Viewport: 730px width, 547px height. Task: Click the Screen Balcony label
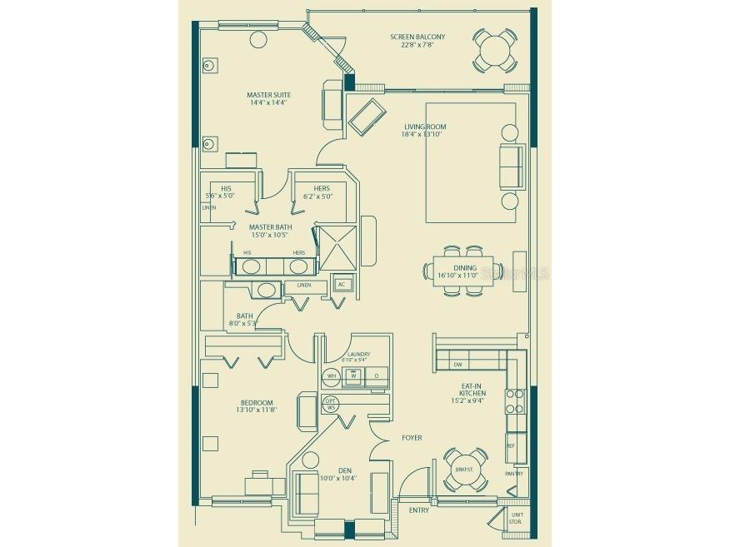pyautogui.click(x=417, y=37)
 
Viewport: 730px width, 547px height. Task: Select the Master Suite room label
pyautogui.click(x=267, y=95)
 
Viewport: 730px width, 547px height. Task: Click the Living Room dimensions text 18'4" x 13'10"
pyautogui.click(x=424, y=136)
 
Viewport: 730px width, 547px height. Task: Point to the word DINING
pyautogui.click(x=457, y=267)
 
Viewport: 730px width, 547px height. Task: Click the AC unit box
pyautogui.click(x=341, y=284)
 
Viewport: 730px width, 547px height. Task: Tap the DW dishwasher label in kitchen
pyautogui.click(x=457, y=365)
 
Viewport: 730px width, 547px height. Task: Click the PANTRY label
pyautogui.click(x=514, y=474)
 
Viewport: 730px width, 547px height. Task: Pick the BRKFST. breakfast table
pyautogui.click(x=464, y=469)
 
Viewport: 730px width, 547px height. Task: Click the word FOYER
pyautogui.click(x=411, y=437)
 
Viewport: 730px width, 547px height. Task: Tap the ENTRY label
pyautogui.click(x=419, y=510)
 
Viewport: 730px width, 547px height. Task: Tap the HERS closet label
pyautogui.click(x=322, y=188)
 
